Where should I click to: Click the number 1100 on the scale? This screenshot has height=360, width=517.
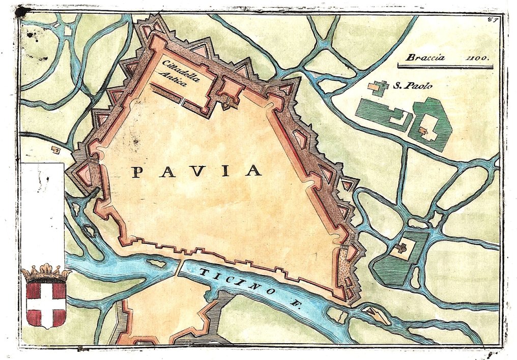pos(477,58)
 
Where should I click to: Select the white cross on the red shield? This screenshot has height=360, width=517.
pos(46,304)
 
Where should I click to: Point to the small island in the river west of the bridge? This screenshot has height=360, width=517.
pos(156,263)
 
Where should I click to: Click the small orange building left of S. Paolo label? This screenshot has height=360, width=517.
pos(378,88)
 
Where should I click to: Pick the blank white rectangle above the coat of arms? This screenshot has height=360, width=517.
pos(42,214)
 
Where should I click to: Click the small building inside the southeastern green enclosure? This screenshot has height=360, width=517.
pos(401,248)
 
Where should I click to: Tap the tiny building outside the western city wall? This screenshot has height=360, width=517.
pos(55,150)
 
